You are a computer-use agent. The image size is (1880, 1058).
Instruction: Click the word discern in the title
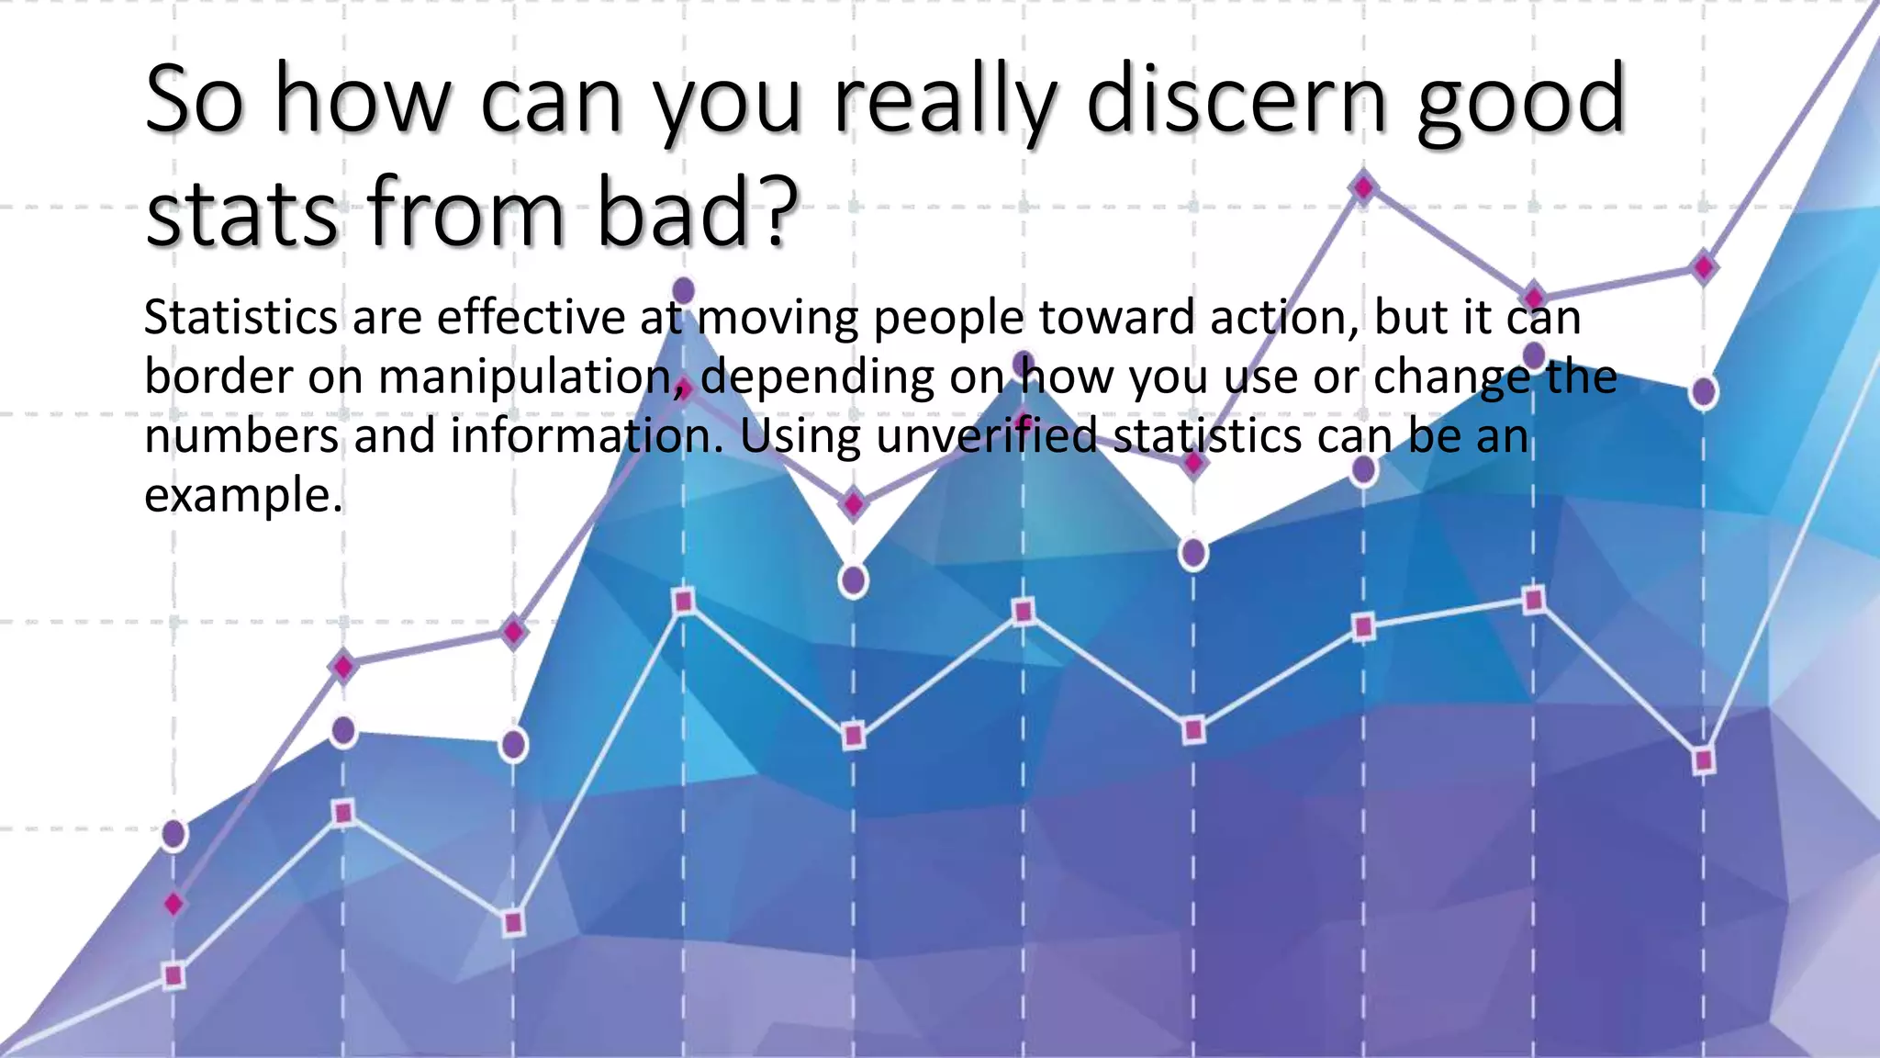coord(1237,101)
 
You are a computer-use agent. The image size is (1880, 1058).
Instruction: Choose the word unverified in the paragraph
coord(986,436)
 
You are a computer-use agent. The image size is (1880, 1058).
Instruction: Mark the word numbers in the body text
coord(241,436)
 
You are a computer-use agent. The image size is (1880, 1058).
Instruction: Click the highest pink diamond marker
coord(1364,187)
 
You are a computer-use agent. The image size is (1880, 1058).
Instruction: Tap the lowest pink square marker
coord(173,975)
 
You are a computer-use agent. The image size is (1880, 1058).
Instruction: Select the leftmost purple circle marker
coord(173,834)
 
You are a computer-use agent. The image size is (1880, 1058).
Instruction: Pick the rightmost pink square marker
coord(1704,760)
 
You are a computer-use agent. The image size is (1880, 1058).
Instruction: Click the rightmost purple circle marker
coord(1704,392)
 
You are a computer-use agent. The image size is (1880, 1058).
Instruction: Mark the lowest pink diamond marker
coord(173,905)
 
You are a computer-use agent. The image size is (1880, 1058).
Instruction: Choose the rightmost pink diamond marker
coord(1704,268)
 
